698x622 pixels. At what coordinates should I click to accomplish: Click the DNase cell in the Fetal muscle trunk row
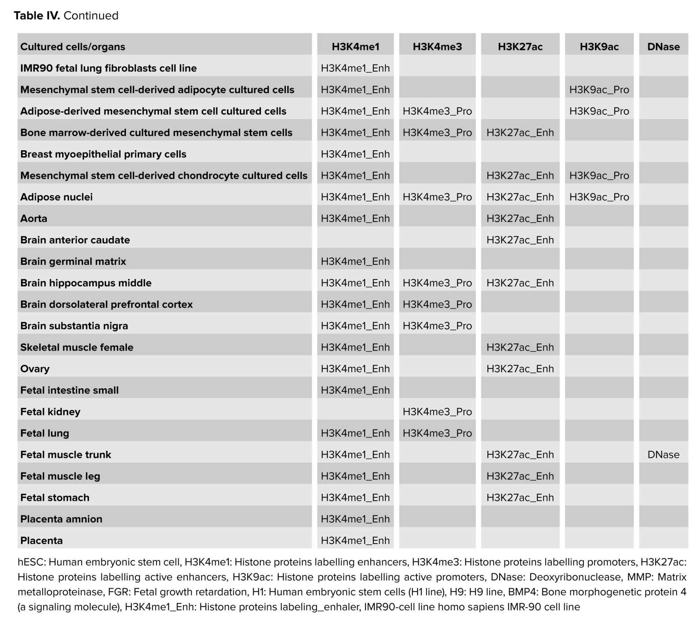[663, 455]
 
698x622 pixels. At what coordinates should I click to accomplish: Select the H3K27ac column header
[520, 47]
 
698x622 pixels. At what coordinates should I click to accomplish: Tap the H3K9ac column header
[599, 47]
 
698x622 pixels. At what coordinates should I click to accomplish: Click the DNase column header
[663, 47]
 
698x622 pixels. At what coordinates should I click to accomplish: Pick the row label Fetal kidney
[50, 412]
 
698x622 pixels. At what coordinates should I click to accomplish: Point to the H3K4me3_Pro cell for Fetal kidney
[437, 412]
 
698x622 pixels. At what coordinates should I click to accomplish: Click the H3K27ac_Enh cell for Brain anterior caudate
[520, 240]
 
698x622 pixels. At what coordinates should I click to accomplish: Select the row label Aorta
[34, 219]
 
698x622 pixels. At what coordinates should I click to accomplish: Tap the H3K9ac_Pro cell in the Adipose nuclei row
[599, 197]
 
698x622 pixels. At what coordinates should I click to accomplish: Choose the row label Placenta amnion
[61, 519]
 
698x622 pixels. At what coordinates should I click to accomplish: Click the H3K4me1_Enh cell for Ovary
[355, 369]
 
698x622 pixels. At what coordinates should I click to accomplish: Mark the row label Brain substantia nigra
[74, 326]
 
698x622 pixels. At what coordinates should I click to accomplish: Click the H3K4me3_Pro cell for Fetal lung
[437, 433]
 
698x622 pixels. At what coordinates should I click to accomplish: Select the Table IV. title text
[66, 16]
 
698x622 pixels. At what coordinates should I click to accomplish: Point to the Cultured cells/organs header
[73, 47]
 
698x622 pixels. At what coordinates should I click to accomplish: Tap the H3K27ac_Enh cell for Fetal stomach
[520, 498]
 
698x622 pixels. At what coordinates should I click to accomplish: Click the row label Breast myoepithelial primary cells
[103, 154]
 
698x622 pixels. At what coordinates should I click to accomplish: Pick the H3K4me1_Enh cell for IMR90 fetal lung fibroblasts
[355, 68]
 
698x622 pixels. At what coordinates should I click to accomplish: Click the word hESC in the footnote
[31, 562]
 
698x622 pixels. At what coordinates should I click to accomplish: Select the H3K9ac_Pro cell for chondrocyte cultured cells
[599, 175]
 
